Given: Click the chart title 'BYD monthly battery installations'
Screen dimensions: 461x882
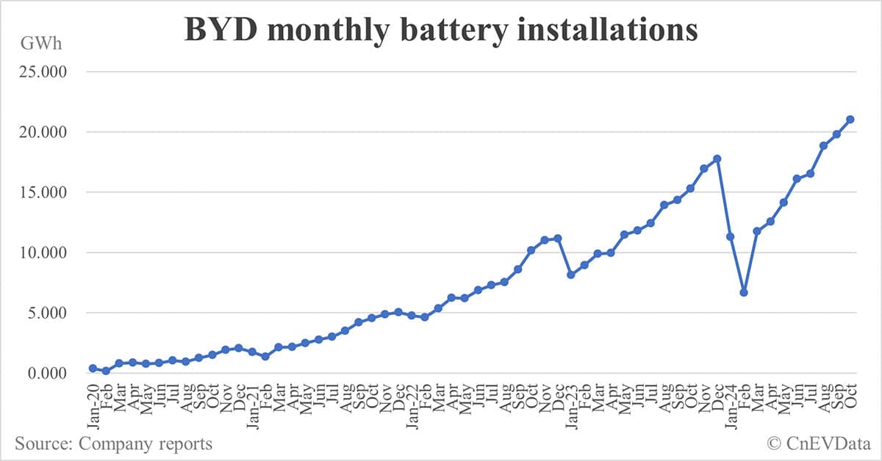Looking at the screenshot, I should pos(440,31).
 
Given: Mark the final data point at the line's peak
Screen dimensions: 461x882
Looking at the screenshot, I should pos(850,119).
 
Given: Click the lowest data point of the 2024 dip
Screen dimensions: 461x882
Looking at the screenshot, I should pos(744,292).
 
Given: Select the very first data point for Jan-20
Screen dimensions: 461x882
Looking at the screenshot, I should pos(93,369).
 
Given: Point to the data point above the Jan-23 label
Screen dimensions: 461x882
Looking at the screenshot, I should pos(570,275).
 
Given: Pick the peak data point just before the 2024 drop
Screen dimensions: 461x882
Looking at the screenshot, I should pos(717,159).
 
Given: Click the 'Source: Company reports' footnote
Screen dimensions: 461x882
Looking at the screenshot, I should pos(113,443).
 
